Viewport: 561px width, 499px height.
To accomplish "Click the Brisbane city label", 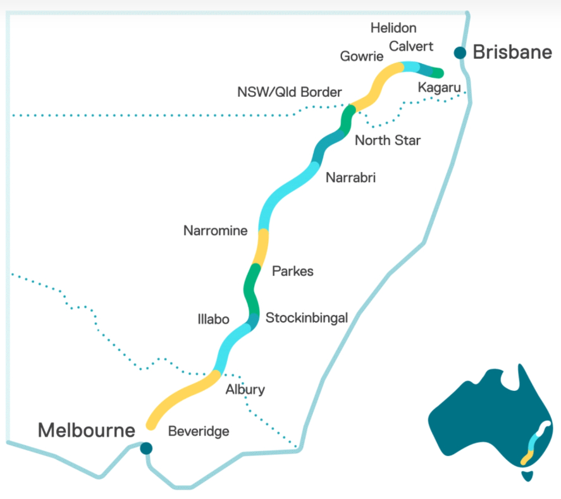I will [512, 52].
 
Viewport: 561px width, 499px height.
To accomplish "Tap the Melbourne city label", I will [86, 431].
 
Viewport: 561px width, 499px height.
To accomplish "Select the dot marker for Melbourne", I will [146, 448].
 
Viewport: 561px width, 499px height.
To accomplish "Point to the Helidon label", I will [393, 28].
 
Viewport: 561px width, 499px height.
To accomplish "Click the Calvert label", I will [411, 46].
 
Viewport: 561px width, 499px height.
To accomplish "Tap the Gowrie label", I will [361, 56].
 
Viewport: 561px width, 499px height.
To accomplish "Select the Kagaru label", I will [438, 87].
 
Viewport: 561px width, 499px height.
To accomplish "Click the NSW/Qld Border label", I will [289, 92].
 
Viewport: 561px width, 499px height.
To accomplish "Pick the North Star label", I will [387, 140].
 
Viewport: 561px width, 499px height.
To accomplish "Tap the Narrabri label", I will [350, 178].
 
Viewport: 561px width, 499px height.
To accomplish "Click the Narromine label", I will [215, 231].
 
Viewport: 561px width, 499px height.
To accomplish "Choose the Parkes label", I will [292, 271].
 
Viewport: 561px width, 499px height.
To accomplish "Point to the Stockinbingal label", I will [307, 317].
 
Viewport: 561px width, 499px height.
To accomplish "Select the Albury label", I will [245, 390].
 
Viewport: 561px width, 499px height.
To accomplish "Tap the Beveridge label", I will [198, 431].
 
